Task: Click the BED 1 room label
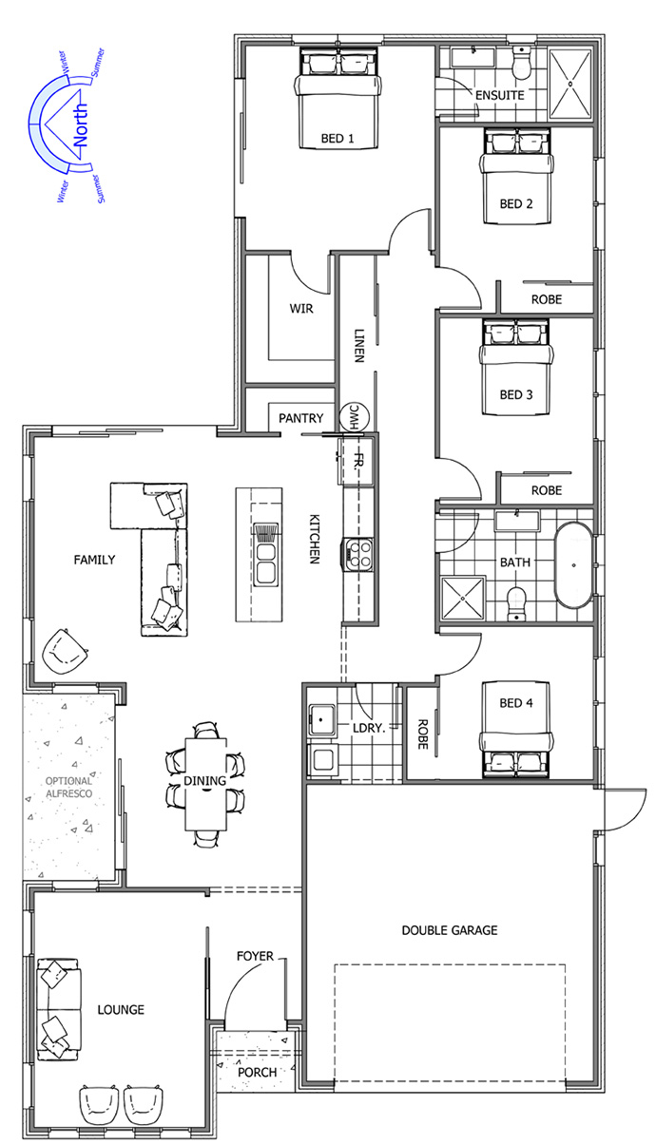coord(338,139)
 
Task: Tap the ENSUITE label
coord(500,96)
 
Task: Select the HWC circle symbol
coord(354,415)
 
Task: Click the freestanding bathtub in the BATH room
coord(573,564)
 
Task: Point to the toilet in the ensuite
coord(522,64)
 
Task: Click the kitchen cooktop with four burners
coord(357,555)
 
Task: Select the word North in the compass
coord(81,125)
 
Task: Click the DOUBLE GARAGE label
coord(450,930)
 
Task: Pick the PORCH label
coord(257,1073)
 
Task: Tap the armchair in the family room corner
coord(65,652)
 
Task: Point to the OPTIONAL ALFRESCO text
coord(69,787)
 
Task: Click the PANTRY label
coord(301,418)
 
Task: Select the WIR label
coord(301,309)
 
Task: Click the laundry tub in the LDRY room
coord(321,720)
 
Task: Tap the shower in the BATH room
coord(462,598)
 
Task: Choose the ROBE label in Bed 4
coord(422,734)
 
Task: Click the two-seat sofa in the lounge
coord(59,1009)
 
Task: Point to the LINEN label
coord(359,345)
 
